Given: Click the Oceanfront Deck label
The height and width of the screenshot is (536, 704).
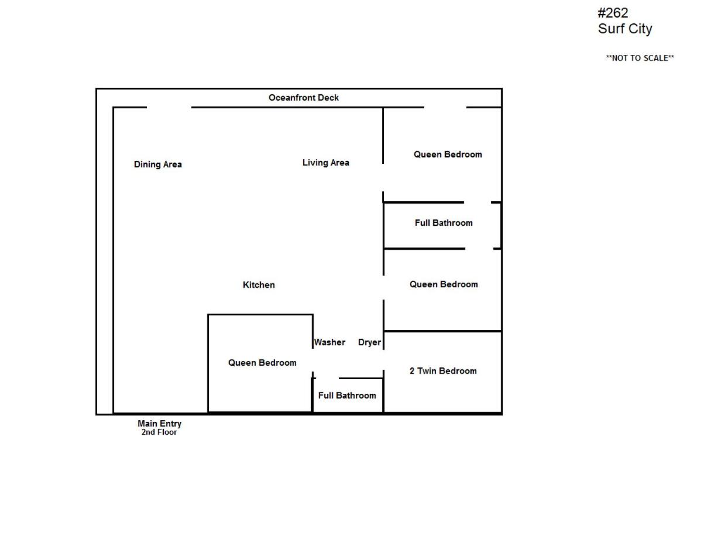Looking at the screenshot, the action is pyautogui.click(x=303, y=98).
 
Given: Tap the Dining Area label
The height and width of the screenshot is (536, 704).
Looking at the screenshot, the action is pyautogui.click(x=157, y=164).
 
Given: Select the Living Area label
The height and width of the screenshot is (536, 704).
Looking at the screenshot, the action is pyautogui.click(x=325, y=163).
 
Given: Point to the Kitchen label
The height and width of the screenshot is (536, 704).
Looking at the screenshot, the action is pyautogui.click(x=259, y=284).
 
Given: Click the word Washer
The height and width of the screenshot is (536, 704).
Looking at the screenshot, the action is pyautogui.click(x=329, y=342).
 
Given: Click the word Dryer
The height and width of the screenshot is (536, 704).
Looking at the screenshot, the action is pyautogui.click(x=369, y=342).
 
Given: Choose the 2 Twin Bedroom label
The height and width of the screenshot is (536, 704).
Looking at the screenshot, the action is pyautogui.click(x=443, y=371).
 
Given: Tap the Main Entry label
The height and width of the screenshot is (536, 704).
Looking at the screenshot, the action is pyautogui.click(x=159, y=424).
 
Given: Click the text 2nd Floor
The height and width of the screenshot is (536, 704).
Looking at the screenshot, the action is pyautogui.click(x=159, y=432).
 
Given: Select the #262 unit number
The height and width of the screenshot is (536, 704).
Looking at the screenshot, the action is pyautogui.click(x=613, y=13).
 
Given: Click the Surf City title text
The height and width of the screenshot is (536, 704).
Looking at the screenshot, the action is pyautogui.click(x=625, y=29).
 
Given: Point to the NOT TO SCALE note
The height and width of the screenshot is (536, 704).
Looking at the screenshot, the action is pyautogui.click(x=640, y=58).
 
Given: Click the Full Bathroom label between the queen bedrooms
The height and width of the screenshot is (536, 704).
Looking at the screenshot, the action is pyautogui.click(x=444, y=223).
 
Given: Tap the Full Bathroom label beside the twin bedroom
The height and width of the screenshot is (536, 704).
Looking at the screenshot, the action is pyautogui.click(x=347, y=395).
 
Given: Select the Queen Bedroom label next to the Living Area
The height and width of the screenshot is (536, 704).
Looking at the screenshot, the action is pyautogui.click(x=448, y=154).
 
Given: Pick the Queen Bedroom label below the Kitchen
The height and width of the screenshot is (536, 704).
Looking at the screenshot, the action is pyautogui.click(x=262, y=363).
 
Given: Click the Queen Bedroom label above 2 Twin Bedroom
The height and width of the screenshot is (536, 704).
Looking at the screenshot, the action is pyautogui.click(x=444, y=284).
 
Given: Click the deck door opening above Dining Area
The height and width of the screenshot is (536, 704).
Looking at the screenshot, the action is pyautogui.click(x=169, y=108).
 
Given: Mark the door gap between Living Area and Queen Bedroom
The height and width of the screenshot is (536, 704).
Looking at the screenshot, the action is pyautogui.click(x=383, y=178).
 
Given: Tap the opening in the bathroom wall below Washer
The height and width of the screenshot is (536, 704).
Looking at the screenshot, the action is pyautogui.click(x=328, y=378).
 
